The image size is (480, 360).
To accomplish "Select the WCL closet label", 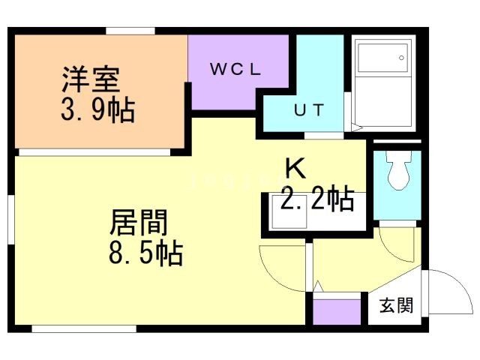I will [235, 70].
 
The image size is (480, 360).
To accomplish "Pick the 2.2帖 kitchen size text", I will [317, 199].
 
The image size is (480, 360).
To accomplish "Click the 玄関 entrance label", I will [395, 305].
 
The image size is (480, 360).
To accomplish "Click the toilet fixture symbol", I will [396, 175].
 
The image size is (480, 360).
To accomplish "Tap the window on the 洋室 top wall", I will [130, 31].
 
